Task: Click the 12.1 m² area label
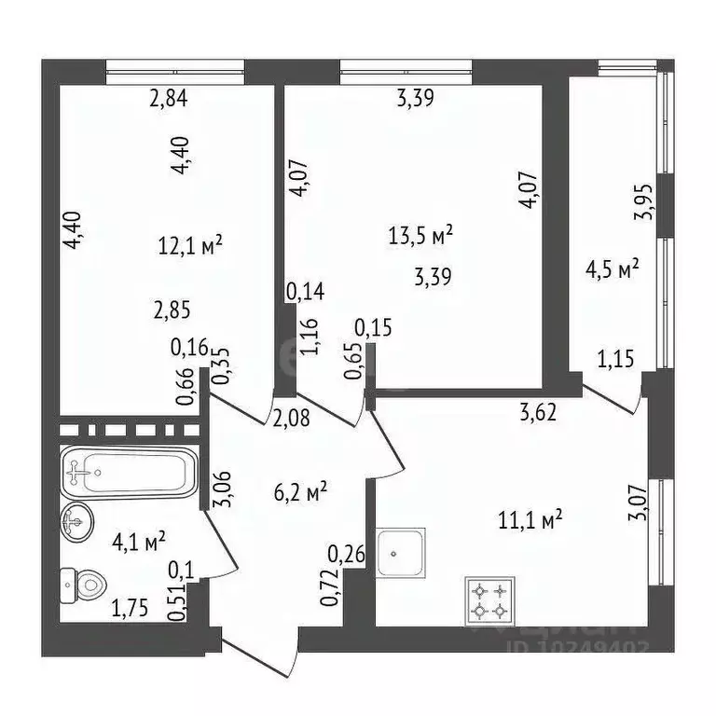click(191, 245)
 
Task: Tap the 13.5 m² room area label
click(420, 234)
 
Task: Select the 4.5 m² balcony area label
click(611, 270)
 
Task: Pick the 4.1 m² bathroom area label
click(139, 540)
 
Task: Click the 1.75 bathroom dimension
click(130, 611)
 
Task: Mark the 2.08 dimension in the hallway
click(291, 419)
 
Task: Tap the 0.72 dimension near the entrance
click(329, 589)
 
